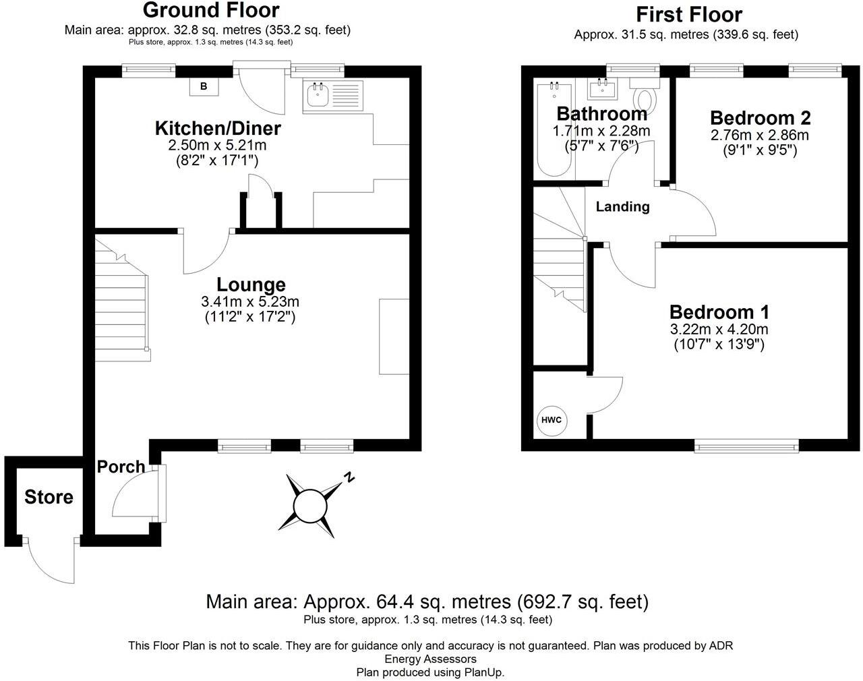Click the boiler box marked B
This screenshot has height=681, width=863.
pyautogui.click(x=204, y=86)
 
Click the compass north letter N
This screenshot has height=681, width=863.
pyautogui.click(x=349, y=477)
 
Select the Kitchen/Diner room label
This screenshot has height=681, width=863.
pyautogui.click(x=218, y=128)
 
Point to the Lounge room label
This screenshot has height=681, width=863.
pyautogui.click(x=251, y=285)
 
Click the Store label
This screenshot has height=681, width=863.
pyautogui.click(x=49, y=498)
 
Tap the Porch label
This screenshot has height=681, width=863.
pyautogui.click(x=121, y=467)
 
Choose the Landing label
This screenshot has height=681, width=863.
pyautogui.click(x=622, y=207)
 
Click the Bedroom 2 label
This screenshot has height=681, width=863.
pyautogui.click(x=760, y=118)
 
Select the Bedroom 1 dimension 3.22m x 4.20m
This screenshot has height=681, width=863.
pyautogui.click(x=719, y=330)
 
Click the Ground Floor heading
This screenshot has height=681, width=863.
pyautogui.click(x=211, y=10)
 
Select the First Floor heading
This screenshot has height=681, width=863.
pyautogui.click(x=689, y=14)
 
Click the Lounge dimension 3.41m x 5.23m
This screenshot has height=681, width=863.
pyautogui.click(x=250, y=301)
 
